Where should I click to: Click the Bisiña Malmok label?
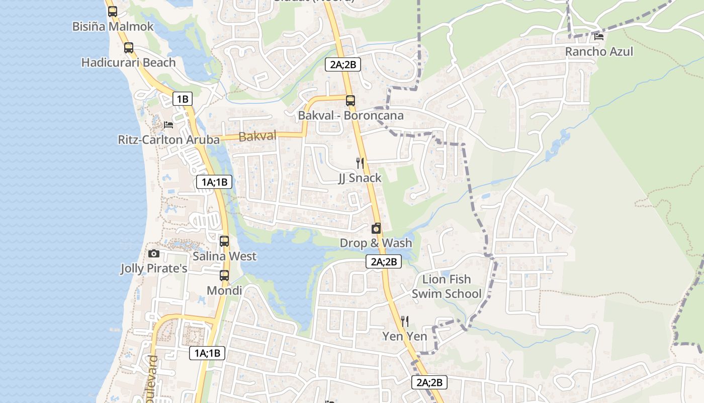113,26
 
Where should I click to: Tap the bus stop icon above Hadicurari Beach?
129,48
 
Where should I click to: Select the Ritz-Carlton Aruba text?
168,140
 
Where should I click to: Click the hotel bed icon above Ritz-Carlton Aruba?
168,124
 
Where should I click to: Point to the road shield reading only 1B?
182,99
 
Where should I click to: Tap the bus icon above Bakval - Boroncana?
350,100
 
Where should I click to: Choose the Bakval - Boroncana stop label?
350,115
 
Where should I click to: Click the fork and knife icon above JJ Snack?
360,163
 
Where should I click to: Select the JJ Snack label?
360,178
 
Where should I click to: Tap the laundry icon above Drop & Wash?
376,228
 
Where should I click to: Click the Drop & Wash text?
376,243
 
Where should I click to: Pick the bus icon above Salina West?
224,241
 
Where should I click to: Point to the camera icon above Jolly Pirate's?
154,253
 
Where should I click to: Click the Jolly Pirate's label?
154,268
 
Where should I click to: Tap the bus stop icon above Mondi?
224,276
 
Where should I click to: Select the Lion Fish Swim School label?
447,286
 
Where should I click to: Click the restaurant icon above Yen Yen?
404,321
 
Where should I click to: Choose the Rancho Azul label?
599,51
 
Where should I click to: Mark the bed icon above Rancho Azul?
598,36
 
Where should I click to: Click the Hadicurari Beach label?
128,62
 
